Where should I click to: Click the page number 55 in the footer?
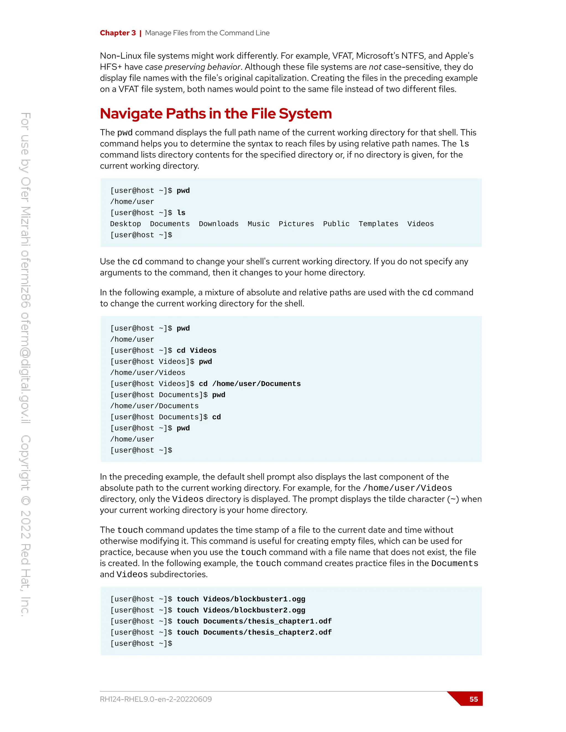[473, 699]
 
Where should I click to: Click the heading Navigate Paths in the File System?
[216, 114]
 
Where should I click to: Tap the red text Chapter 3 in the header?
[118, 33]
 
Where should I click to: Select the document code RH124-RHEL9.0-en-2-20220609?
[156, 699]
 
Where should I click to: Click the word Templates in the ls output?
[378, 224]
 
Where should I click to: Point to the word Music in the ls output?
[258, 224]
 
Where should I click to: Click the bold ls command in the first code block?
[181, 213]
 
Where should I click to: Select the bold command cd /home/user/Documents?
[250, 384]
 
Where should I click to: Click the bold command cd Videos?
[196, 351]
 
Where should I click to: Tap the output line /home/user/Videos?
[148, 373]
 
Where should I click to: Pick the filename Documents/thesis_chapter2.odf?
[267, 633]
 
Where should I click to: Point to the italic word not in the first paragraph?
[375, 67]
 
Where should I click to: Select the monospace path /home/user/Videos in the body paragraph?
[407, 488]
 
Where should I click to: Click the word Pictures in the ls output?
[296, 224]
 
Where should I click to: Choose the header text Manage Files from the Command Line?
[207, 33]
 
